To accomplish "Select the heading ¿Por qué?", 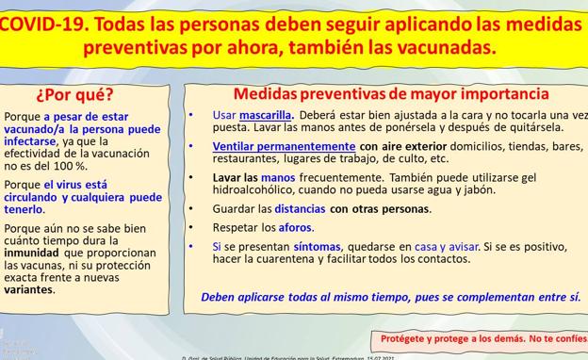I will (x=74, y=94).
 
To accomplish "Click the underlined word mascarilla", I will (x=265, y=115).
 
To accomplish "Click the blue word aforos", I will (x=295, y=227).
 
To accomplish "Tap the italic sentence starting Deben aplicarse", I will (x=390, y=297).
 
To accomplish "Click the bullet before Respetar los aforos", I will (x=192, y=227).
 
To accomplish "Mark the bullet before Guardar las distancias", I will (x=192, y=209).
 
